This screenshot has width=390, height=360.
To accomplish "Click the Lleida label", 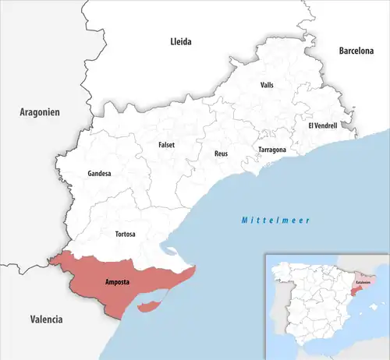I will point(181,41).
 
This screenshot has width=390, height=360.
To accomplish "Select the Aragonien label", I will point(40,113).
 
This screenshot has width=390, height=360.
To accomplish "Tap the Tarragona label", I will point(272,150).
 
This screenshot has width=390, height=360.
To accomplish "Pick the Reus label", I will point(221,154).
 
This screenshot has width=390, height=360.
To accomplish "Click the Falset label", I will point(166,144).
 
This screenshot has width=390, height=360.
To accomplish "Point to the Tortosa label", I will point(124,234).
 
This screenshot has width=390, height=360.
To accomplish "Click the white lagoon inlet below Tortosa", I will point(167,251).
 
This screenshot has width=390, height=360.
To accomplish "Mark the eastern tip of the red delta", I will point(195,271).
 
